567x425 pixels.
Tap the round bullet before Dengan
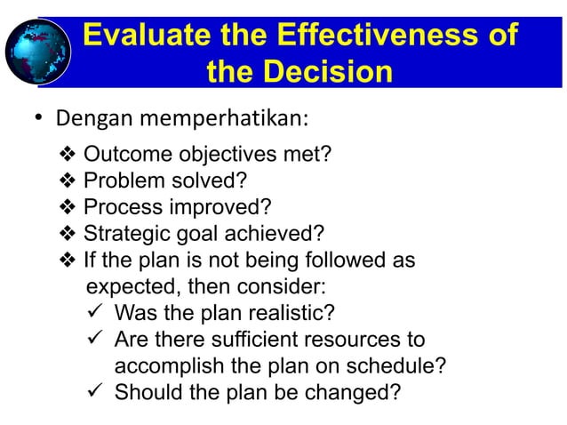coord(39,119)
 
